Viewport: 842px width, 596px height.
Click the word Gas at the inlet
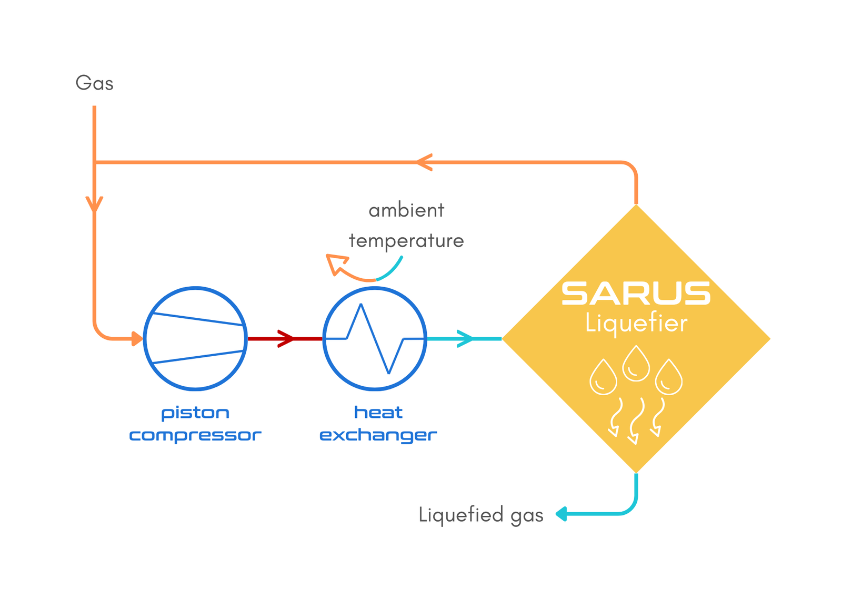click(x=94, y=83)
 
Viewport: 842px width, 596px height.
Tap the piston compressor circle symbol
click(x=195, y=338)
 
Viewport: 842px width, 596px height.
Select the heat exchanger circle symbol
click(x=375, y=338)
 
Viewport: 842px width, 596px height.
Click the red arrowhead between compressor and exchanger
click(x=286, y=338)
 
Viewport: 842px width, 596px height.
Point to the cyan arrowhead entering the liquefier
click(x=465, y=338)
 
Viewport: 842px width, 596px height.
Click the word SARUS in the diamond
click(x=636, y=294)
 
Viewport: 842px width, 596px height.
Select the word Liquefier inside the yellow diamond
click(x=636, y=323)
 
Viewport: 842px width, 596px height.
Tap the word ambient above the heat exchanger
click(x=406, y=210)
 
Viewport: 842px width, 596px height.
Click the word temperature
click(x=406, y=241)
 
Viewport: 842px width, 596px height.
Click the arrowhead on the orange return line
click(x=424, y=162)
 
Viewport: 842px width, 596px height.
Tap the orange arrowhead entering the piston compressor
click(x=137, y=338)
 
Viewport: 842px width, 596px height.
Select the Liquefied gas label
click(x=481, y=514)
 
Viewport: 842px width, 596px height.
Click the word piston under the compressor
click(x=195, y=413)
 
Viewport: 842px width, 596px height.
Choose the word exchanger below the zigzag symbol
click(x=378, y=435)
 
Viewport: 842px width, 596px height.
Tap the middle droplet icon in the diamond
click(x=636, y=364)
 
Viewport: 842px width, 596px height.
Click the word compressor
click(x=195, y=435)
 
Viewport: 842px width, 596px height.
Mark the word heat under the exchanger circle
click(x=378, y=412)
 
